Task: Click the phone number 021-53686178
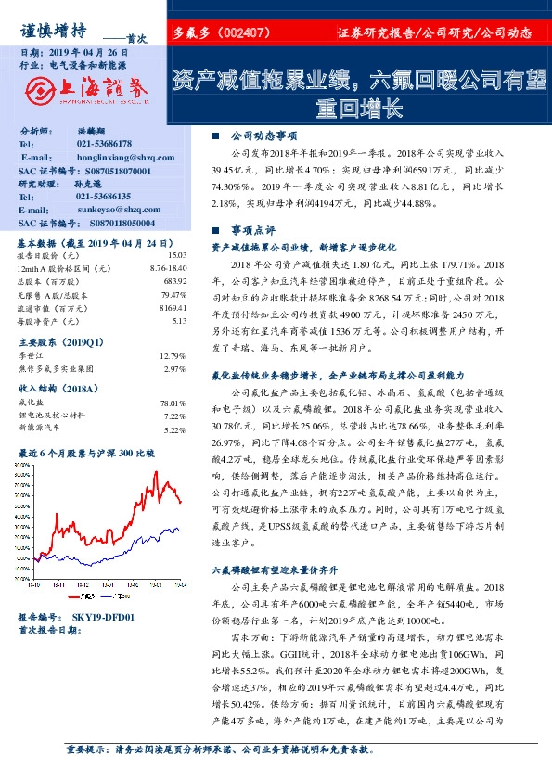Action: pos(104,145)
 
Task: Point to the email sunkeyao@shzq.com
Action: pos(112,211)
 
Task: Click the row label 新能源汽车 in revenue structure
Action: pos(40,429)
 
